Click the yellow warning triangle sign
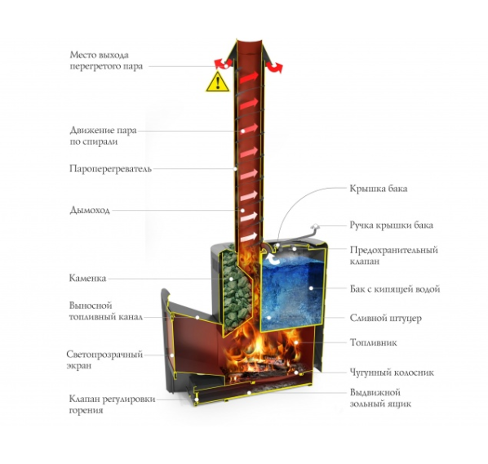coord(218,83)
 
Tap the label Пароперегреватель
coord(110,169)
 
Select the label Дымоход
coord(90,210)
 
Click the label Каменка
coord(87,278)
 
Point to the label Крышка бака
coord(379,189)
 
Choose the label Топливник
coord(374,342)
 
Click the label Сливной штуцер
coord(386,318)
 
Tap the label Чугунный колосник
coord(392,373)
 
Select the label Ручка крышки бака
coord(391,225)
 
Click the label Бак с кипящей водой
coord(395,289)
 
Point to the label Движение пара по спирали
coord(103,136)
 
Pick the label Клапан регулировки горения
coord(112,404)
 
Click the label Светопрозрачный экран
coord(104,360)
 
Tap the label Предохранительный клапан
coord(393,255)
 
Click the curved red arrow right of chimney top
coord(274,67)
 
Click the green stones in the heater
coord(235,288)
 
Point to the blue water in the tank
coord(291,293)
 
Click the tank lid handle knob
coord(316,225)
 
